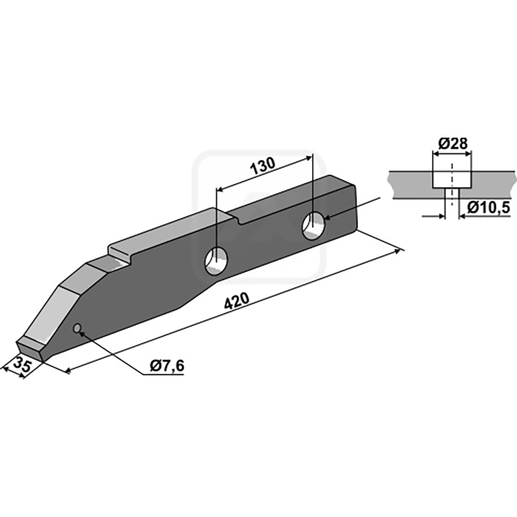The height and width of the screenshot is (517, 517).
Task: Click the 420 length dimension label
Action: click(x=237, y=301)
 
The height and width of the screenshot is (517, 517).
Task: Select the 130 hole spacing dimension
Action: click(x=263, y=166)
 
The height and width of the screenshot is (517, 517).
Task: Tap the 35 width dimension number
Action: click(x=23, y=364)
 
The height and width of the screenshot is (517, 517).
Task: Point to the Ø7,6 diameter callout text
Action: click(x=167, y=366)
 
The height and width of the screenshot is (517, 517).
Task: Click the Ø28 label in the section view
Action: click(x=453, y=143)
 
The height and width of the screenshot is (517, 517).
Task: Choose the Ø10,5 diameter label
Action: click(x=489, y=207)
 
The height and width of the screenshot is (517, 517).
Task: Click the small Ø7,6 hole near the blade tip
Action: click(x=77, y=328)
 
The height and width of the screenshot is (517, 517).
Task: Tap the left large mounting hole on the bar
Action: click(x=216, y=261)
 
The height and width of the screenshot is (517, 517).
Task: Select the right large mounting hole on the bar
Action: click(x=313, y=226)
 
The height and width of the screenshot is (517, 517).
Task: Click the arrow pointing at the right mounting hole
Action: click(x=352, y=207)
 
